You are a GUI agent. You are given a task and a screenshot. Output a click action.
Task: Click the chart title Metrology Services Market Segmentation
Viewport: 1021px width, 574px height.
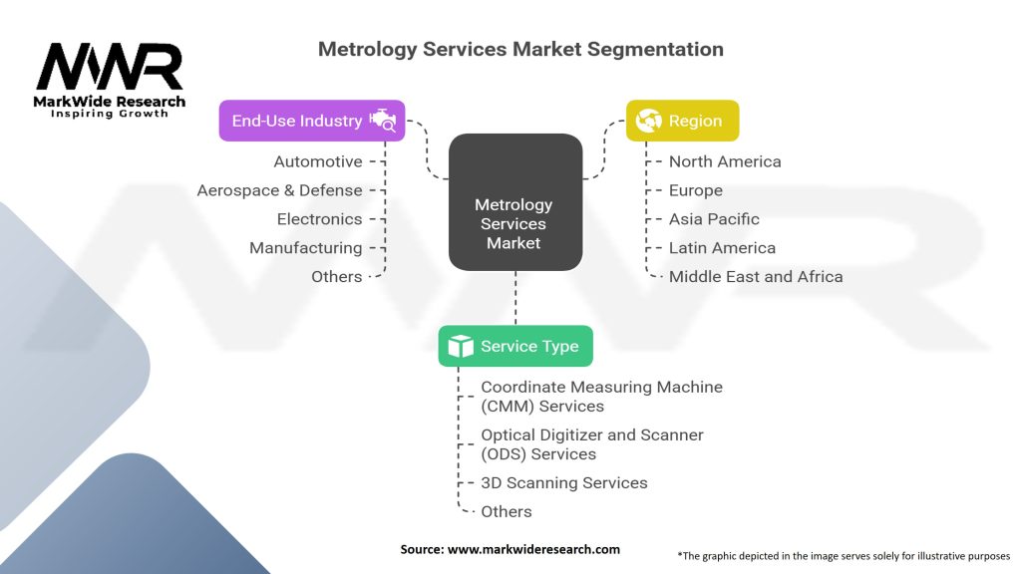click(520, 49)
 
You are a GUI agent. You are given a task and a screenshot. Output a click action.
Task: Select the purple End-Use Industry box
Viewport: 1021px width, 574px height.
click(311, 121)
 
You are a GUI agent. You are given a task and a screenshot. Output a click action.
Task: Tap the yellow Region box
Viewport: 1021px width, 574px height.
click(682, 121)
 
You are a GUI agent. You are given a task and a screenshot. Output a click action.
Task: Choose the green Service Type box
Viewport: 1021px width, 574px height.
click(515, 346)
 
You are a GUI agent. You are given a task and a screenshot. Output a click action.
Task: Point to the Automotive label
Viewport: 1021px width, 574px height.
click(318, 161)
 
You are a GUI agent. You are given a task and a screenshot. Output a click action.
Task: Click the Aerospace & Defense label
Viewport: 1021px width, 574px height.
click(279, 190)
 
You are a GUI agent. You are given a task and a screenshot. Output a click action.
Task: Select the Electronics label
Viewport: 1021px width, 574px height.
click(319, 219)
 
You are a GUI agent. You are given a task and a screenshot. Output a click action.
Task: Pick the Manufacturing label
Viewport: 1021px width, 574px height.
click(305, 248)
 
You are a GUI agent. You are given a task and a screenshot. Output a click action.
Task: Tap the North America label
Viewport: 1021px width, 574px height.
click(725, 161)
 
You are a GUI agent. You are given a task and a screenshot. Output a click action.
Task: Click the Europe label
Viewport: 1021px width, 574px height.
click(696, 190)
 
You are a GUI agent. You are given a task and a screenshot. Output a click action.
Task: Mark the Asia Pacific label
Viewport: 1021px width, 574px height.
click(714, 219)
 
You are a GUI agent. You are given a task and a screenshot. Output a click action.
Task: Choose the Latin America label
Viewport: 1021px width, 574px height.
click(722, 248)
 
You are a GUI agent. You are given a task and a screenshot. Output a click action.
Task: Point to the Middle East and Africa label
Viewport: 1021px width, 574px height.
click(756, 277)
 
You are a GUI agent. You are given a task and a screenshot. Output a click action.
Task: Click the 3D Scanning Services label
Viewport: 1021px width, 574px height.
click(564, 483)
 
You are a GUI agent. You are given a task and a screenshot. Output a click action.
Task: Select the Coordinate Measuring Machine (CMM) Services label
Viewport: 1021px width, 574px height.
click(601, 396)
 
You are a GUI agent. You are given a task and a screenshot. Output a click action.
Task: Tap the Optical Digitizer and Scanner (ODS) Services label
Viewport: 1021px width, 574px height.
click(592, 444)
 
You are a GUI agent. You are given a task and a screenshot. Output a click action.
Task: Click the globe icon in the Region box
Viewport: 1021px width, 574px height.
click(649, 121)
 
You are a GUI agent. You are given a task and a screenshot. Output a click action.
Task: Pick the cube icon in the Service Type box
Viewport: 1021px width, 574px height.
click(460, 346)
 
